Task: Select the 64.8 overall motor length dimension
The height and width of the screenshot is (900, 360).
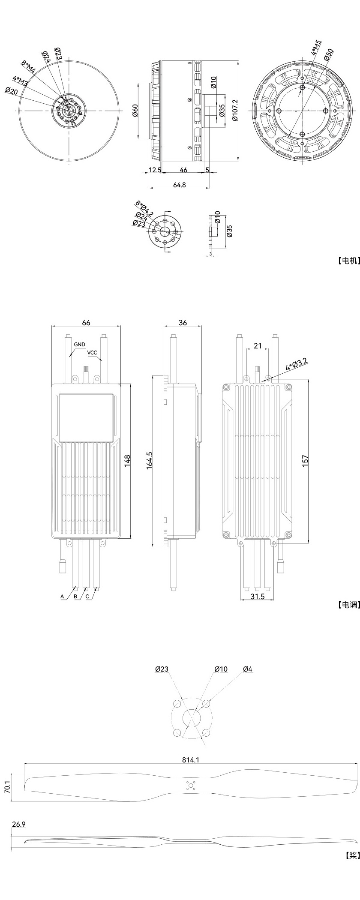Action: click(180, 184)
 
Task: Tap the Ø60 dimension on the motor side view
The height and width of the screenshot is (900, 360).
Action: click(135, 111)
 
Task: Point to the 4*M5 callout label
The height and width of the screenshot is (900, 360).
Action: click(316, 48)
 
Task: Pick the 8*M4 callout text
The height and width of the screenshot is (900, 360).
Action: click(28, 69)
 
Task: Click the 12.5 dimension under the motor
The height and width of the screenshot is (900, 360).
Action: click(155, 170)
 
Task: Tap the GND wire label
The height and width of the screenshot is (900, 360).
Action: click(79, 344)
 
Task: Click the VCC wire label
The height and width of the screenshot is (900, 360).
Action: click(92, 353)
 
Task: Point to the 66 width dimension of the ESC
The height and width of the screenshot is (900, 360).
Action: click(86, 322)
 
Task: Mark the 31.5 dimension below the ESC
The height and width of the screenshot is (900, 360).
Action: click(257, 597)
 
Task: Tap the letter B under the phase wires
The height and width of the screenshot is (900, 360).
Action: click(75, 596)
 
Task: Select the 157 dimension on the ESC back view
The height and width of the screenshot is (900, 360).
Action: click(305, 461)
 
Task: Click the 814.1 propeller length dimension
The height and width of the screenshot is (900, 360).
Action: click(191, 760)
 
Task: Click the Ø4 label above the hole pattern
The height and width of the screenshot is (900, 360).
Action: click(248, 669)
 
